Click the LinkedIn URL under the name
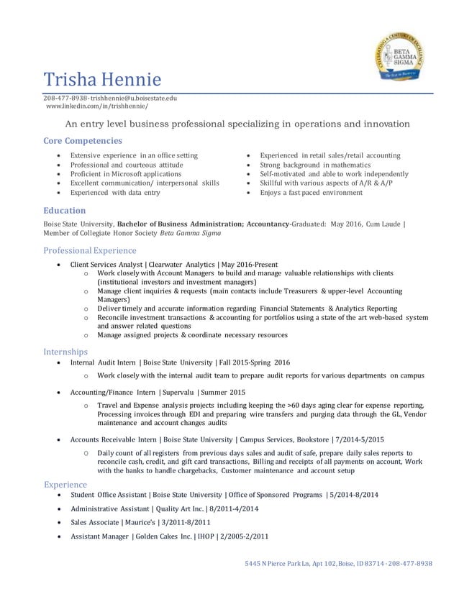pos(96,106)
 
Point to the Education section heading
pos(65,211)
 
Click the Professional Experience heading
pos(90,250)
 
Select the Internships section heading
pos(65,352)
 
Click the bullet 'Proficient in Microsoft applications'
pos(125,174)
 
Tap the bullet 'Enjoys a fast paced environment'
pos(311,193)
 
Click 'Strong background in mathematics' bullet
pos(316,165)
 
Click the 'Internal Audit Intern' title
pos(102,362)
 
